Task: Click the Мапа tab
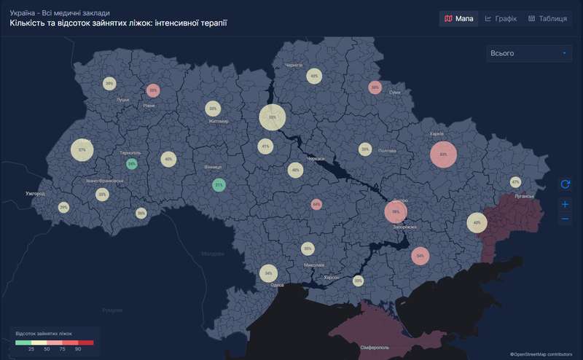[459, 18]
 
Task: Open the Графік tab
[501, 18]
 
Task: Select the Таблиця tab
[547, 18]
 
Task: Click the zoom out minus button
[566, 219]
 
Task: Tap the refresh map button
[566, 184]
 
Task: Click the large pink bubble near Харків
[443, 154]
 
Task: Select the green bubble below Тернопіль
[132, 164]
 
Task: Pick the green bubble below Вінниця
[219, 185]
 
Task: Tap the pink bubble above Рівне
[153, 91]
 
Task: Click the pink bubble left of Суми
[375, 87]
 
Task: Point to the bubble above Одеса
[269, 273]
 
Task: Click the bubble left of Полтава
[364, 149]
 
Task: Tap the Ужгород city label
[35, 194]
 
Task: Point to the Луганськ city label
[524, 196]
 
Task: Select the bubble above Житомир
[213, 109]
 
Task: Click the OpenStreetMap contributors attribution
[541, 354]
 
